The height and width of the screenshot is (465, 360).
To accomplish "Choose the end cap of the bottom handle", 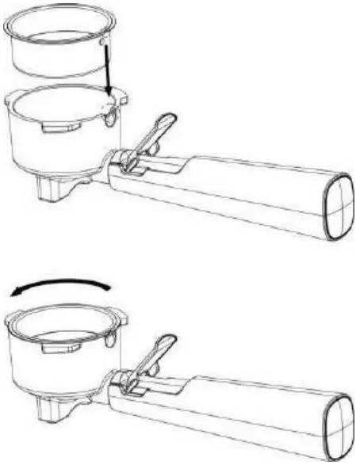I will pyautogui.click(x=339, y=425).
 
